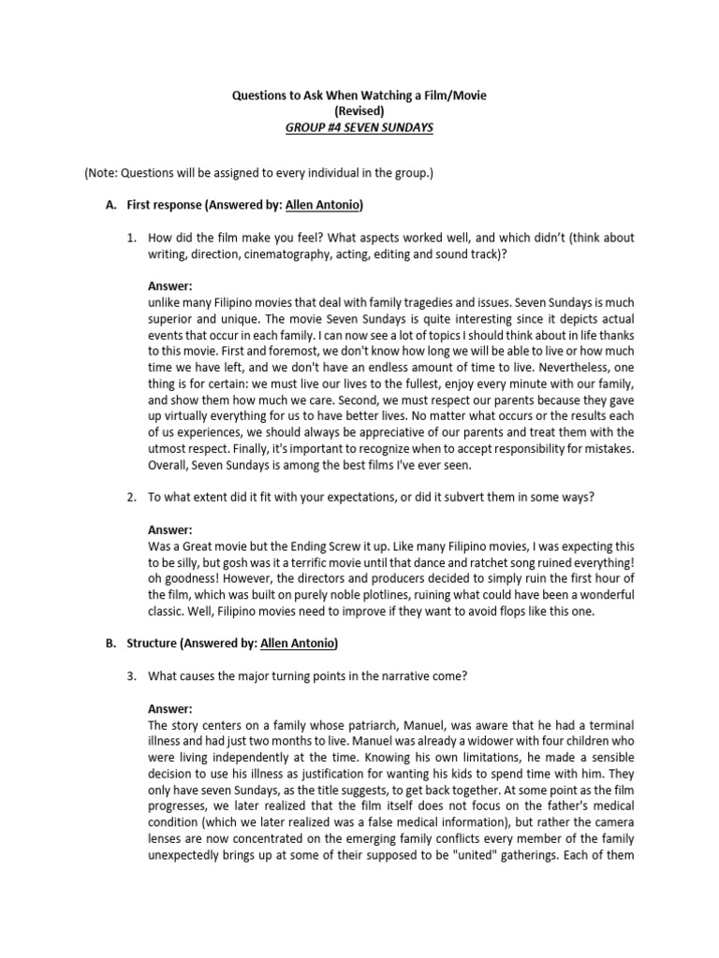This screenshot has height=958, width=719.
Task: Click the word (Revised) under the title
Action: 359,111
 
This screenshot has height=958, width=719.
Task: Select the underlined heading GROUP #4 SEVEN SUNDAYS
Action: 359,127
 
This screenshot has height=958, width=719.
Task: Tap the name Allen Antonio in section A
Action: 324,206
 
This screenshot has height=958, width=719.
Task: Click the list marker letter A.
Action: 110,206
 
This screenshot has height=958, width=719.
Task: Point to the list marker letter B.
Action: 110,643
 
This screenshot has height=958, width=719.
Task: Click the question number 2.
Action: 132,497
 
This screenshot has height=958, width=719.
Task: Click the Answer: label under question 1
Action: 170,286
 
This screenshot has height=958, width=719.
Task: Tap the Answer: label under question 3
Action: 170,709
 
